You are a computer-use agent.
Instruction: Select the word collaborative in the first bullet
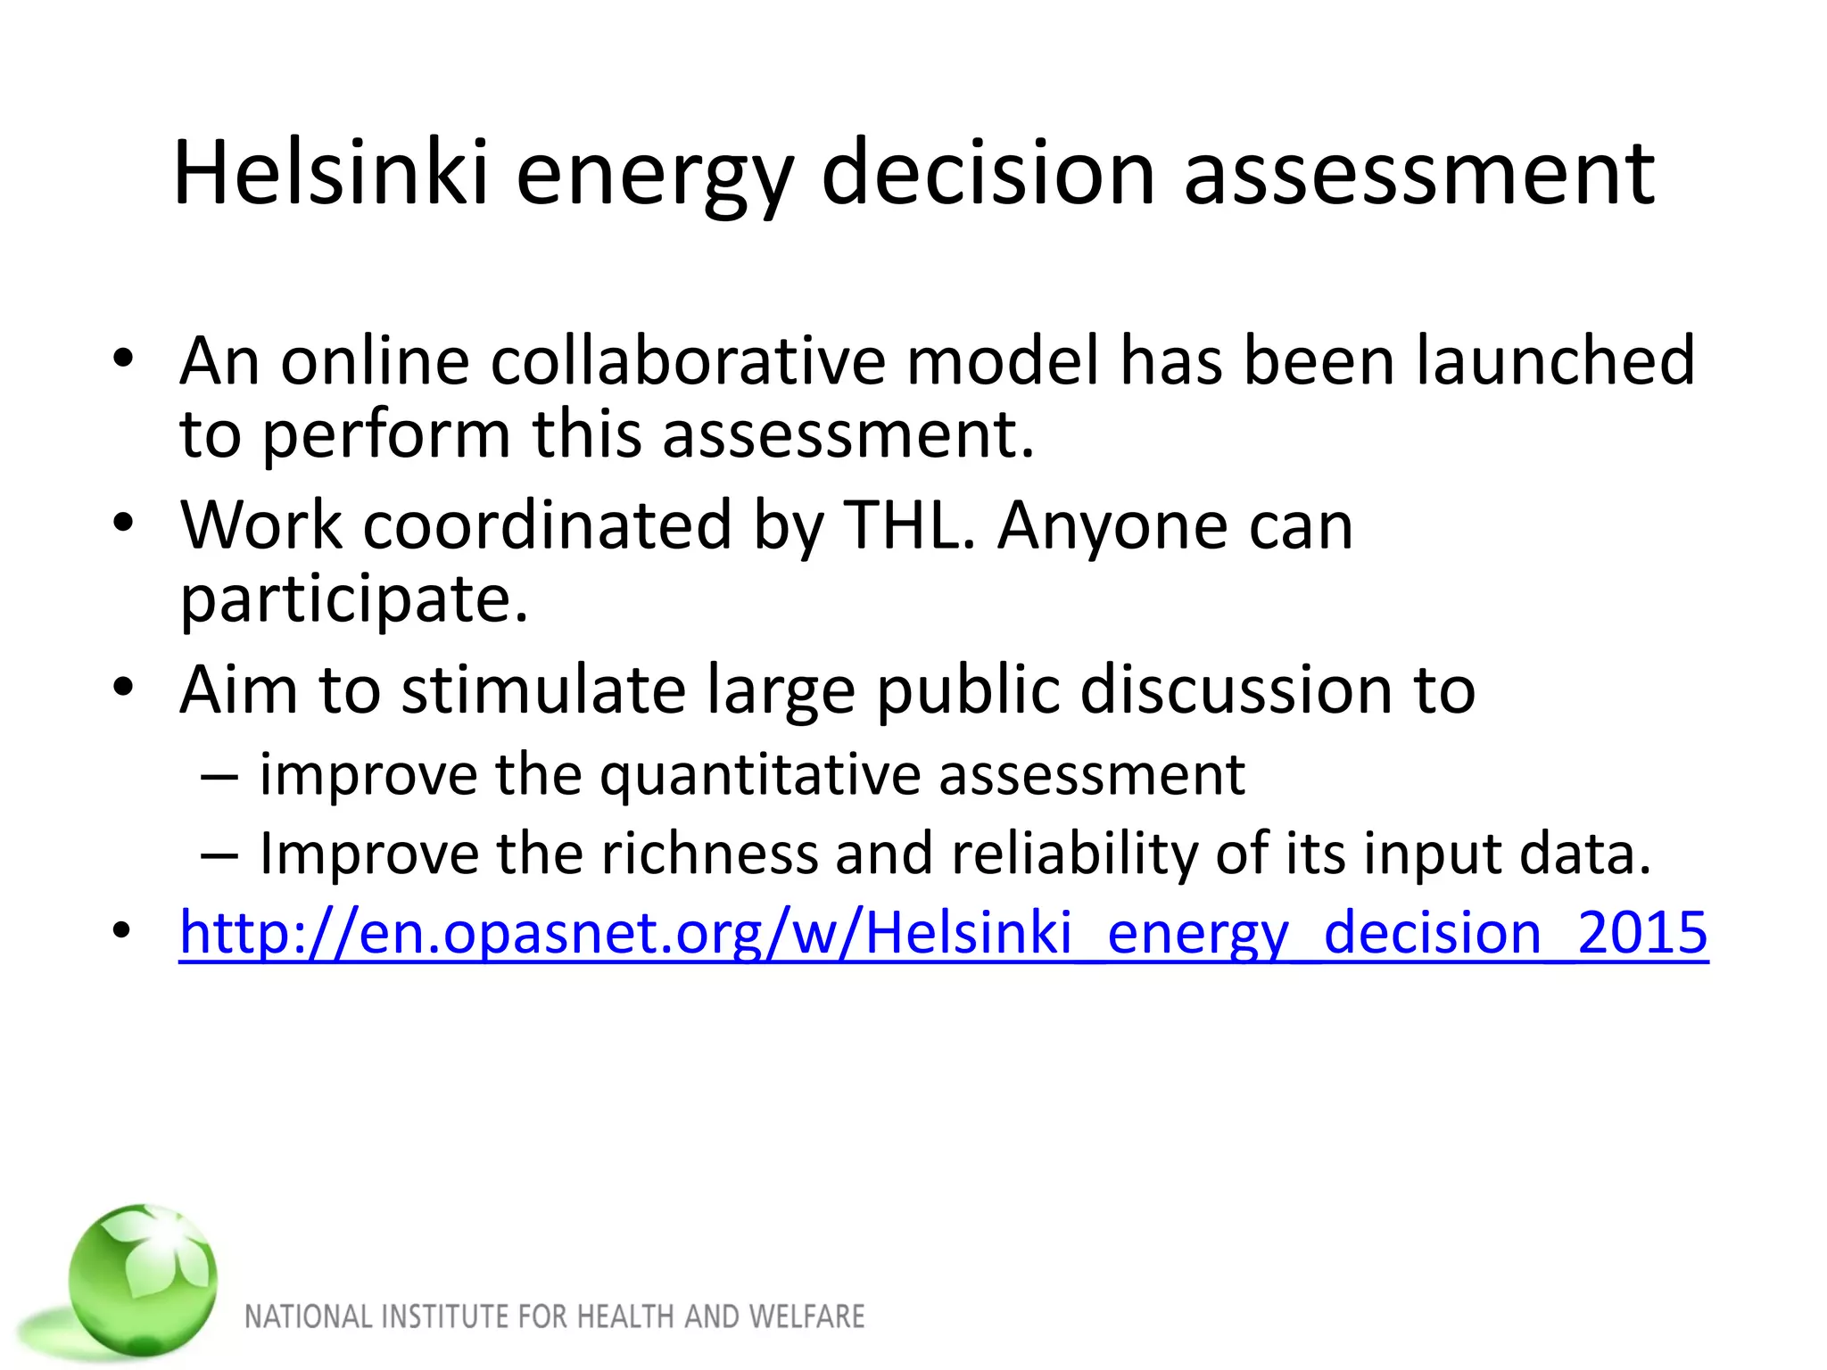click(688, 360)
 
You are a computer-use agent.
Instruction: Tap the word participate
click(354, 599)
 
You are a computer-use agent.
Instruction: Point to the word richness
click(709, 854)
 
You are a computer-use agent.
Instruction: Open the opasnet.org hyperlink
click(943, 933)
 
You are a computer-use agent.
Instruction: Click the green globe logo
click(143, 1281)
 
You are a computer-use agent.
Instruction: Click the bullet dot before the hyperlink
click(123, 931)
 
